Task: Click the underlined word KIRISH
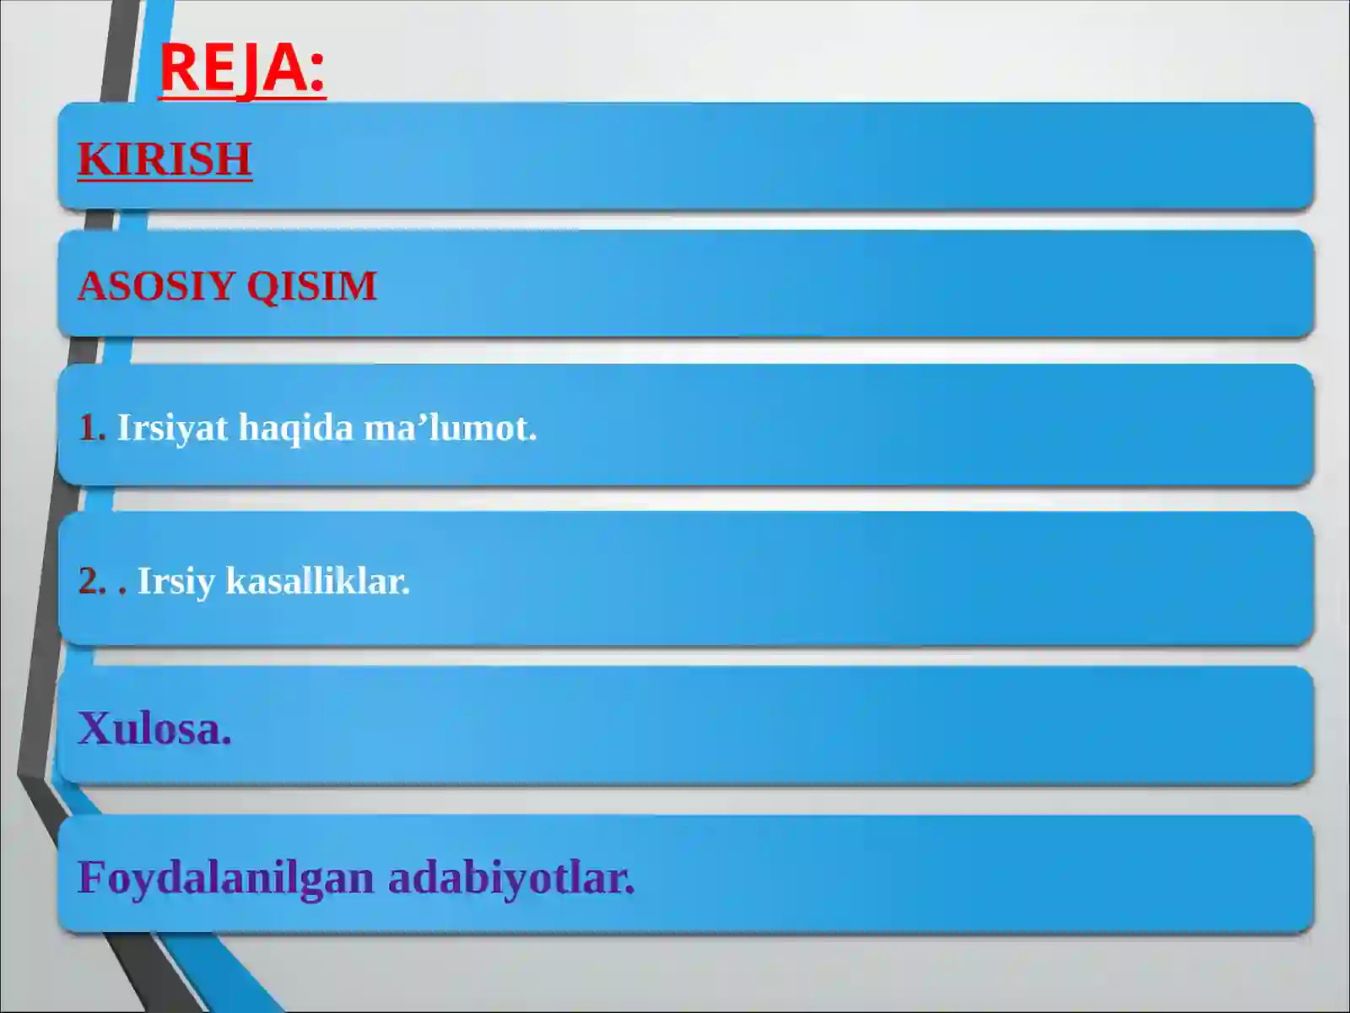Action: pyautogui.click(x=165, y=159)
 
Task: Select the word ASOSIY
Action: pyautogui.click(x=156, y=285)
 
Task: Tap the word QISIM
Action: pyautogui.click(x=311, y=285)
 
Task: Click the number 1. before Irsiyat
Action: pyautogui.click(x=91, y=428)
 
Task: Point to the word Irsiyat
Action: pyautogui.click(x=172, y=428)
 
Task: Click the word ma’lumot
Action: pyautogui.click(x=450, y=428)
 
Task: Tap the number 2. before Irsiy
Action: pyautogui.click(x=92, y=581)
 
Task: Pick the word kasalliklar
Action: pyautogui.click(x=318, y=581)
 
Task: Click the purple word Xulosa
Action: pyautogui.click(x=154, y=728)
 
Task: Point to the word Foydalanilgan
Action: pyautogui.click(x=226, y=878)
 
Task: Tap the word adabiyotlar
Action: pyautogui.click(x=511, y=878)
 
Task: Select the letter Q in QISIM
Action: pyautogui.click(x=262, y=286)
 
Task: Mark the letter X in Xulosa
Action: pyautogui.click(x=94, y=728)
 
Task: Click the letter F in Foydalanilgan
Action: pyautogui.click(x=91, y=877)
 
